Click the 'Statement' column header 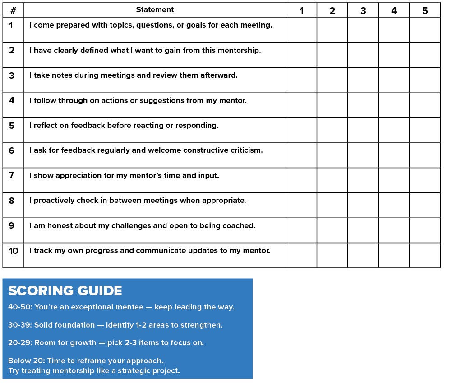155,10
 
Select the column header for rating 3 363,10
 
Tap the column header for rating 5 425,10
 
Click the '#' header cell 13,10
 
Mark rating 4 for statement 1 394,30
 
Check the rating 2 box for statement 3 332,80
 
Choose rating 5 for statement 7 425,180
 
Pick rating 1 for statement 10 301,255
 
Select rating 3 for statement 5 363,130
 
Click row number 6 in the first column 12,150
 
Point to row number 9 12,225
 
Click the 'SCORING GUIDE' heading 65,291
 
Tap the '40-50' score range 19,307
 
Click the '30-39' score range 19,325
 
